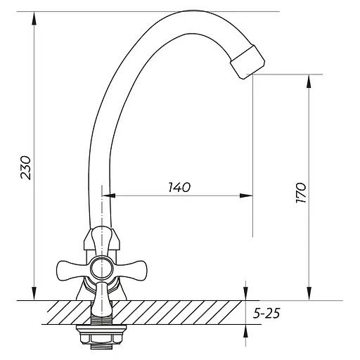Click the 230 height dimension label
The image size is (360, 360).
tap(26, 168)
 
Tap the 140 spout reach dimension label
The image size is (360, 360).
tap(179, 187)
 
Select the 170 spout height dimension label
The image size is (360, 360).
tap(301, 193)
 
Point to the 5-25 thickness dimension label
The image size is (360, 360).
tap(266, 313)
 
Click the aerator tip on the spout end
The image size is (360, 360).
tap(247, 62)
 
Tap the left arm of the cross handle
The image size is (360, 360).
tap(73, 270)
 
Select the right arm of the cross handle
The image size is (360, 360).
tap(130, 270)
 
